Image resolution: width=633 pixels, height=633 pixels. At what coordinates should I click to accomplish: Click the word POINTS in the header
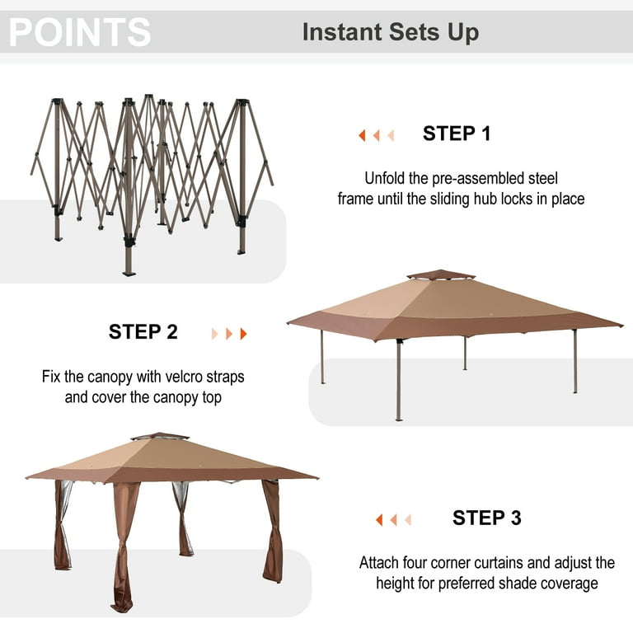tap(80, 32)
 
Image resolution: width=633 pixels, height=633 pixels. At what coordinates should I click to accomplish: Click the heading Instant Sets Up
tap(390, 32)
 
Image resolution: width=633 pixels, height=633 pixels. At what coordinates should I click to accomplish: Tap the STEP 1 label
tap(456, 134)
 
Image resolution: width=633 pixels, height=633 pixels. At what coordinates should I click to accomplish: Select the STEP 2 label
tap(143, 332)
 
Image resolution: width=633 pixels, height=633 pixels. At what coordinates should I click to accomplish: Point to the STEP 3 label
tap(486, 518)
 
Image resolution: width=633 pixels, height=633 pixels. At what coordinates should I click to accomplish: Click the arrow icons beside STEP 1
tap(376, 135)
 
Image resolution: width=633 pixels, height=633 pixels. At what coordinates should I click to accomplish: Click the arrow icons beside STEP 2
tap(229, 334)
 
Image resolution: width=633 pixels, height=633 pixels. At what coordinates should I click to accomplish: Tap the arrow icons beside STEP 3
tap(393, 520)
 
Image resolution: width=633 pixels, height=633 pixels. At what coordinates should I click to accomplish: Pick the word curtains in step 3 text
tap(484, 563)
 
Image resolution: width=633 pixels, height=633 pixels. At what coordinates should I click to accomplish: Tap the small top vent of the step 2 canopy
tap(441, 274)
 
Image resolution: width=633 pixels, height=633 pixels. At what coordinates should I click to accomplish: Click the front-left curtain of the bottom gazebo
tap(124, 544)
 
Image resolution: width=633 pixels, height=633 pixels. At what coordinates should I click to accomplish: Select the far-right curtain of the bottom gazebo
tap(273, 532)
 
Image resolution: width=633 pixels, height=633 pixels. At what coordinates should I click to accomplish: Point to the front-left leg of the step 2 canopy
tap(399, 379)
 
